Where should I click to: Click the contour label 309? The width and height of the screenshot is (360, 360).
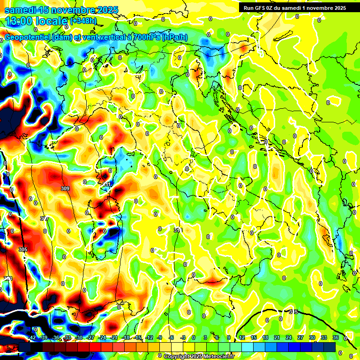(x=65, y=188)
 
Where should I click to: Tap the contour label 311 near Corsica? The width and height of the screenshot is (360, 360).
(x=106, y=185)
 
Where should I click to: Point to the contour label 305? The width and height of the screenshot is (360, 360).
(x=22, y=249)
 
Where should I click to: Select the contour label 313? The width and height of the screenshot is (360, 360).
(x=178, y=230)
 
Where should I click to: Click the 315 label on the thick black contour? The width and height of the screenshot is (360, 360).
(x=293, y=312)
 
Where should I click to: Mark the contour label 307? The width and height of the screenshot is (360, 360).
(x=45, y=219)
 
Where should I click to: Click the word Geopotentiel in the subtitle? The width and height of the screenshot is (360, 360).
(x=29, y=37)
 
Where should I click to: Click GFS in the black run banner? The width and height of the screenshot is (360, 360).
(x=260, y=8)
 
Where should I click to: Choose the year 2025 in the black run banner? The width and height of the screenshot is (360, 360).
(x=338, y=8)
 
